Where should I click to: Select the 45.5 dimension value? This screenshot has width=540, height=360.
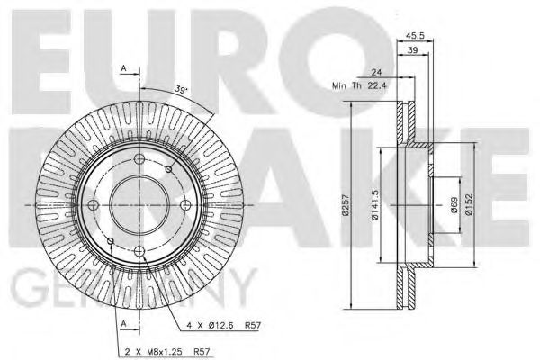(x=415, y=38)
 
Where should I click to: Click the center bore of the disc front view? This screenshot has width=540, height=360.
(x=141, y=204)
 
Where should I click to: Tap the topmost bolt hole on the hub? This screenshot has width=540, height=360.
(x=141, y=162)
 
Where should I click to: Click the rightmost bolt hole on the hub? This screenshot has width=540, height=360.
(x=184, y=204)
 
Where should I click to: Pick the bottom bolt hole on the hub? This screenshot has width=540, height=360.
(x=141, y=247)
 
